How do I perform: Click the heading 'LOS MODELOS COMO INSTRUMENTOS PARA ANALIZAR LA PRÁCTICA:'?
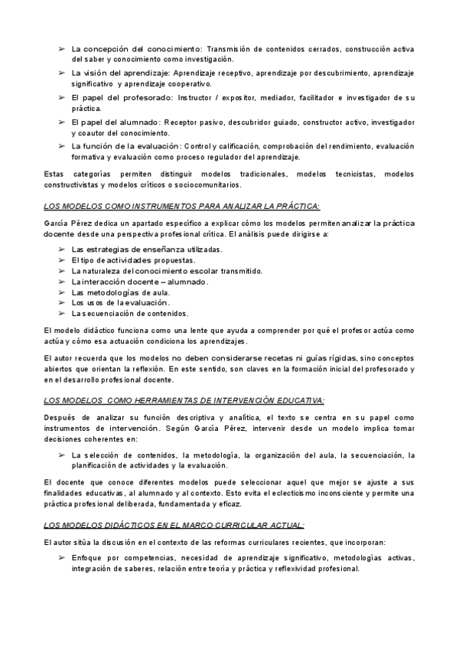[182, 207]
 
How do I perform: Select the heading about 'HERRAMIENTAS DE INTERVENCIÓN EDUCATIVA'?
[184, 400]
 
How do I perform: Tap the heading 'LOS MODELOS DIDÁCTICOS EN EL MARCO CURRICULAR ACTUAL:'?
[174, 525]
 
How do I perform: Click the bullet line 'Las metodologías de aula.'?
[121, 292]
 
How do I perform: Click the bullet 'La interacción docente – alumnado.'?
[129, 282]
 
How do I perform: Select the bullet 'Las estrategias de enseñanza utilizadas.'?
[136, 249]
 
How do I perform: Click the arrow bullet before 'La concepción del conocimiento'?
[62, 49]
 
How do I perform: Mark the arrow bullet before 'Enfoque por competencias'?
[62, 558]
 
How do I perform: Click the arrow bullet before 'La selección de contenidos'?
[62, 455]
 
